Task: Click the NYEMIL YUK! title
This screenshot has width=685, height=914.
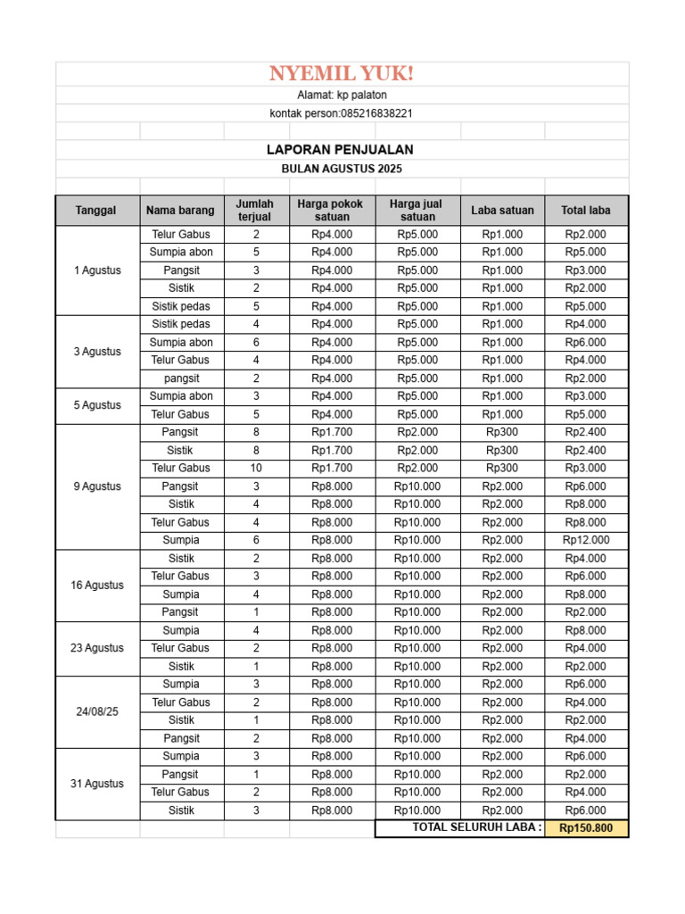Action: tap(342, 73)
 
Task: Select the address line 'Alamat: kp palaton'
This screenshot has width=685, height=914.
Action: tap(342, 95)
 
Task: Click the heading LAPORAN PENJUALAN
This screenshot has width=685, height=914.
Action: tap(342, 150)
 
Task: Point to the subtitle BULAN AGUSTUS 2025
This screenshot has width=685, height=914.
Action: tap(342, 169)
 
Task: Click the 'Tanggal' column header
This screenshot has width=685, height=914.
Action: tap(97, 211)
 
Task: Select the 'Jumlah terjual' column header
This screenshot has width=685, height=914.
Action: tap(256, 211)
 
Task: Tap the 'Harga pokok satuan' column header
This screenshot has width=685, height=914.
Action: tap(332, 211)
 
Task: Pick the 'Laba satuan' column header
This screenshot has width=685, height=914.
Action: tap(502, 211)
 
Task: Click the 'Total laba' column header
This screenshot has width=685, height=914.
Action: tap(586, 211)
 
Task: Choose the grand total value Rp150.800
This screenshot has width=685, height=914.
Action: tap(586, 828)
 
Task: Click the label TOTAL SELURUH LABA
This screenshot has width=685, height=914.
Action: tap(476, 827)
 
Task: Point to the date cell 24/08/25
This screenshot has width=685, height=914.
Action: tap(97, 711)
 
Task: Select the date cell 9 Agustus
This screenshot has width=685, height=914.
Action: tap(97, 486)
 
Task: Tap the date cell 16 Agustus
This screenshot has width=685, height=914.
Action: tap(97, 586)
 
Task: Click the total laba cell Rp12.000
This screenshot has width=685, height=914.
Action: tap(586, 540)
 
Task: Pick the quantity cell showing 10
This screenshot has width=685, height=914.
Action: tap(256, 468)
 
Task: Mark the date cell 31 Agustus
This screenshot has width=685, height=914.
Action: tap(97, 784)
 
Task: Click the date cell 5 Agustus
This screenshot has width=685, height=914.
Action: tap(97, 405)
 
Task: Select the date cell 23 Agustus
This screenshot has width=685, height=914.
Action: tap(97, 648)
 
